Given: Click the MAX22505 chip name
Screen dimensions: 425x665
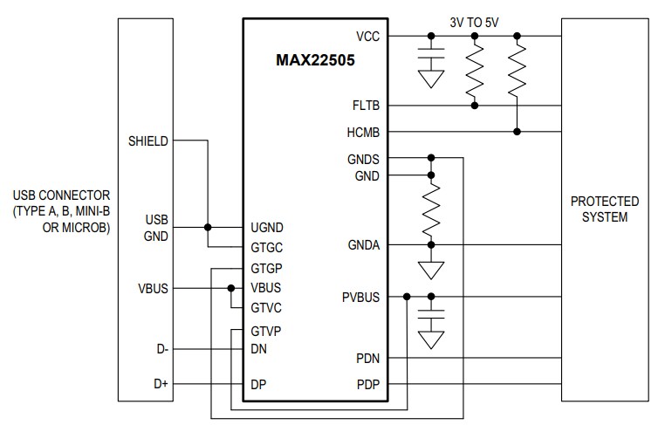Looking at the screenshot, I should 315,63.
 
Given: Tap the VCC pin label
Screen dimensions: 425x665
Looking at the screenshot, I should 367,36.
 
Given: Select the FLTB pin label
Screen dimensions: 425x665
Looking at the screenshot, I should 365,106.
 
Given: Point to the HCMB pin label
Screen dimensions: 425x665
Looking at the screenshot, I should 364,132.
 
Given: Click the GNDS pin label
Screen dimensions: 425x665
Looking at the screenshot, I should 364,159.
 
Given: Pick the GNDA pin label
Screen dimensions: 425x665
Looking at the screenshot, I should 364,246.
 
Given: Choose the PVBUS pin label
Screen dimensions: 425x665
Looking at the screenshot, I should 361,298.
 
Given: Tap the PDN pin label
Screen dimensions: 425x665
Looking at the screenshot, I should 367,358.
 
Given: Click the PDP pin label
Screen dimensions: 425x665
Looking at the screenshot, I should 367,384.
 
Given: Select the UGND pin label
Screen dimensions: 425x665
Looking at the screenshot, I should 267,228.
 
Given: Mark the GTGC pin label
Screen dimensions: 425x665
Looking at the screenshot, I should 267,247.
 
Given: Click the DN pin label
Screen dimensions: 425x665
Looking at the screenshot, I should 258,349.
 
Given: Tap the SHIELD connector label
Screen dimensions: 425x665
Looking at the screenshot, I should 147,141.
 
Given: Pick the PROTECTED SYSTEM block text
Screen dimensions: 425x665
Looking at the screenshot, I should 604,209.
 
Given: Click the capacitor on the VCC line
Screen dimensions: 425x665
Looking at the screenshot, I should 429,59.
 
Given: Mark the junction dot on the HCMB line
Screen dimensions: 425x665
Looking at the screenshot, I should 518,132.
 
